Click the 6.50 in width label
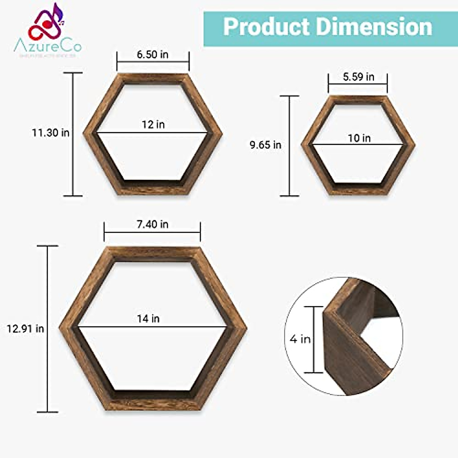click(x=153, y=55)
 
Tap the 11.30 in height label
click(x=50, y=133)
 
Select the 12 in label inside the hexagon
click(x=153, y=124)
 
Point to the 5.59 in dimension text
click(x=358, y=77)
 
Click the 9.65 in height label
click(x=265, y=145)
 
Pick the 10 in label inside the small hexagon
click(x=359, y=138)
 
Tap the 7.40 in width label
click(x=152, y=224)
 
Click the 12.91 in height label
click(x=25, y=329)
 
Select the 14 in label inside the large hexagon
click(x=148, y=318)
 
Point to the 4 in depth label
click(x=300, y=339)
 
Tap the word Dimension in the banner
click(x=374, y=27)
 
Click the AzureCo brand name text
click(x=48, y=47)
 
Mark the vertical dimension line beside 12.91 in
click(x=47, y=329)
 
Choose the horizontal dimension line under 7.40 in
click(x=152, y=232)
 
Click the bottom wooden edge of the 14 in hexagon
click(x=153, y=405)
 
